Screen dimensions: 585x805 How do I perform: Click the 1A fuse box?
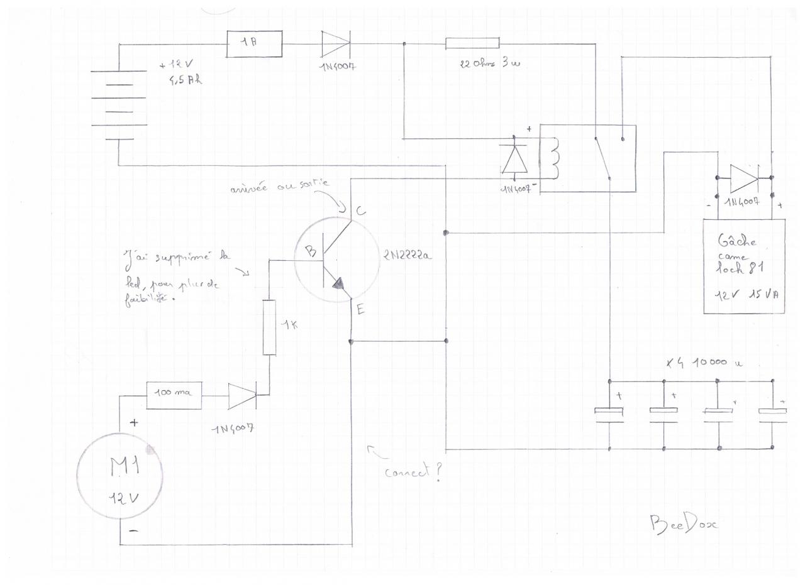(x=253, y=43)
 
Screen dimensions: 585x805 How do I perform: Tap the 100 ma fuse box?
(x=174, y=395)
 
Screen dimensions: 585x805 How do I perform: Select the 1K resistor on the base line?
(x=269, y=327)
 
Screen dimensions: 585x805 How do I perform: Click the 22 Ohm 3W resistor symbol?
(x=472, y=43)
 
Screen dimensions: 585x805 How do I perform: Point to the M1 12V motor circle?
(x=119, y=476)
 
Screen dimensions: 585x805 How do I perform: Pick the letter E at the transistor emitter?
(x=360, y=309)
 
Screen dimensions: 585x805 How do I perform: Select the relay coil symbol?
(x=554, y=158)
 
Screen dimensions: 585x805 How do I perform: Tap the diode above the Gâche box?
(x=744, y=179)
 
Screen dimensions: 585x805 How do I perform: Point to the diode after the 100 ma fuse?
(x=242, y=396)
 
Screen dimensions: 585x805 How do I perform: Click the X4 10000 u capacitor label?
(x=704, y=363)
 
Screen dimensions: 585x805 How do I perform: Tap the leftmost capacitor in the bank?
(x=609, y=413)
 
